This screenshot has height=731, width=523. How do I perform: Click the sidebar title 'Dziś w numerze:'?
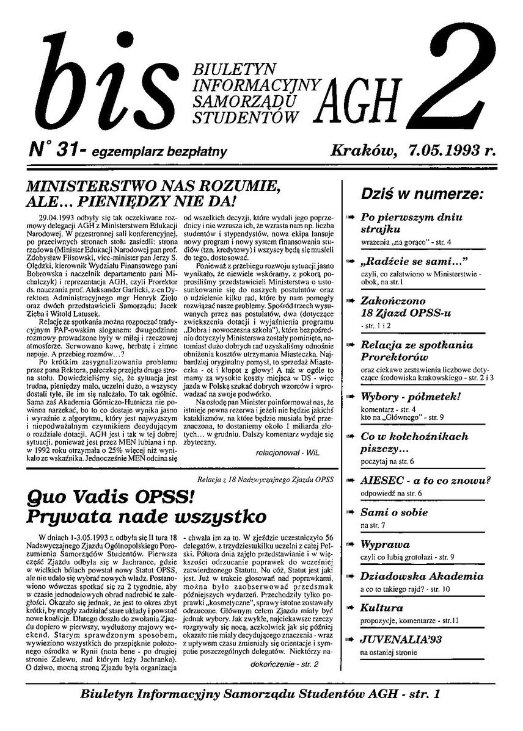pos(422,195)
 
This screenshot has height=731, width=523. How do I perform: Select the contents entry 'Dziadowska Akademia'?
pos(422,576)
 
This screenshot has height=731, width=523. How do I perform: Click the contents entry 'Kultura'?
pos(381,608)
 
